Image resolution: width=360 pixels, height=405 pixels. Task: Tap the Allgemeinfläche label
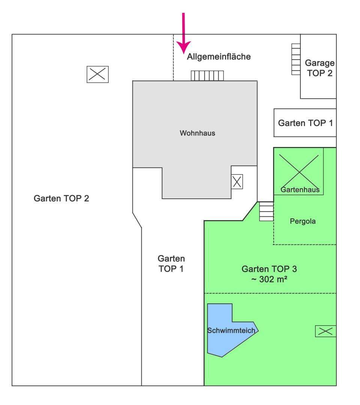click(x=219, y=57)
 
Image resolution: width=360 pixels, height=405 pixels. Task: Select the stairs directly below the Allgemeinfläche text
click(x=207, y=76)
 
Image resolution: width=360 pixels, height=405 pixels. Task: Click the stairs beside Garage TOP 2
click(x=296, y=59)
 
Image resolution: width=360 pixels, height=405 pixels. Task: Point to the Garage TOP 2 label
click(x=319, y=68)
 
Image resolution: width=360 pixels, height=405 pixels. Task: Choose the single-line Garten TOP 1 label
click(x=305, y=123)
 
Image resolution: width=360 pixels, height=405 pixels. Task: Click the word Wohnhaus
click(x=197, y=133)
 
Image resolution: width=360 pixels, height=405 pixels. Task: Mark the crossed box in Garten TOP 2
click(x=97, y=74)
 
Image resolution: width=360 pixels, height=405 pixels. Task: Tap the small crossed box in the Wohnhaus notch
click(x=237, y=182)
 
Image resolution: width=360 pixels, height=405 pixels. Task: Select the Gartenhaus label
click(x=300, y=189)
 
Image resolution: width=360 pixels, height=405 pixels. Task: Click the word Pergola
click(x=303, y=221)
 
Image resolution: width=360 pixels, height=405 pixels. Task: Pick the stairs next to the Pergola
click(x=266, y=211)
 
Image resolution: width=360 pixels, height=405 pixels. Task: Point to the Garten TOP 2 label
click(x=61, y=198)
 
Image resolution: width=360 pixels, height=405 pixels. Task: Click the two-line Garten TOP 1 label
click(x=171, y=264)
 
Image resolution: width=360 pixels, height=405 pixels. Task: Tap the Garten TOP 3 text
click(x=270, y=269)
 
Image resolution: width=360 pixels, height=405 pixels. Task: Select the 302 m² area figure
click(x=270, y=279)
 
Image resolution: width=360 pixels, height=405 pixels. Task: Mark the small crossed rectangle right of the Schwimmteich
click(x=325, y=331)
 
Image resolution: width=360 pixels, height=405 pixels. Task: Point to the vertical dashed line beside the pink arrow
click(x=173, y=58)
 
